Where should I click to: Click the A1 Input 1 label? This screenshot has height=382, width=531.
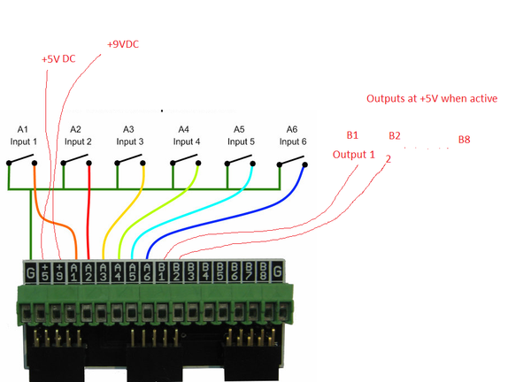click(x=23, y=135)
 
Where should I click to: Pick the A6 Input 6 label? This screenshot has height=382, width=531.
click(x=293, y=135)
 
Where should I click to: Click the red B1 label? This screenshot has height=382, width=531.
click(x=352, y=135)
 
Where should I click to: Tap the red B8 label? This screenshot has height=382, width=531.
click(x=465, y=140)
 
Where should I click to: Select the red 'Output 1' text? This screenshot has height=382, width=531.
click(x=354, y=155)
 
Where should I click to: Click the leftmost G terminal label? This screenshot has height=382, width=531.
click(x=31, y=271)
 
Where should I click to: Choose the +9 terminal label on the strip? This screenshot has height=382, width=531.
click(x=60, y=271)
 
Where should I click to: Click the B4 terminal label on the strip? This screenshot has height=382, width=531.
click(x=205, y=271)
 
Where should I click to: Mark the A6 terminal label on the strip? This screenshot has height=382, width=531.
click(x=147, y=271)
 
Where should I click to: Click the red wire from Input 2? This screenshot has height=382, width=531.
click(x=89, y=221)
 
